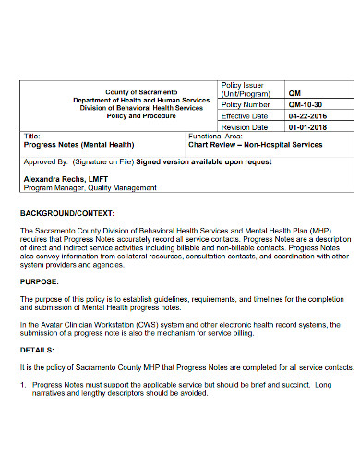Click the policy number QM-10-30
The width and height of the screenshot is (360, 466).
point(305,105)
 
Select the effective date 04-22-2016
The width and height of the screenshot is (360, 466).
point(306,116)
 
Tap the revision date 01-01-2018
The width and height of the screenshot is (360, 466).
point(306,127)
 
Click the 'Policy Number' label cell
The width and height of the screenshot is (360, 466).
point(245,105)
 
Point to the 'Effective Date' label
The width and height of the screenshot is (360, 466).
point(244,116)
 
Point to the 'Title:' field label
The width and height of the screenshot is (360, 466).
point(30,136)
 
